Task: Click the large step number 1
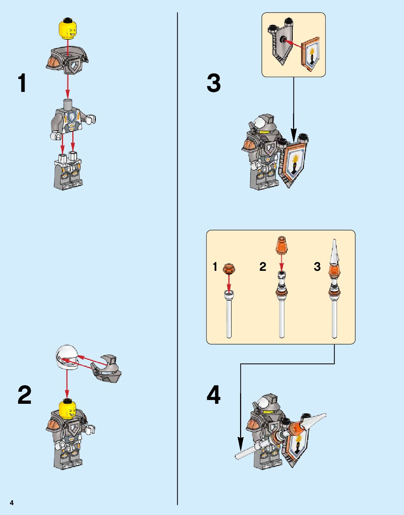click(22, 83)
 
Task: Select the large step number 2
click(25, 395)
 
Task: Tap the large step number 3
click(213, 83)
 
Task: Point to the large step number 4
click(213, 395)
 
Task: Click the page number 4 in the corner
click(12, 503)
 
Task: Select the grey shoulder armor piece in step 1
click(67, 60)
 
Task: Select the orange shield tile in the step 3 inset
click(310, 54)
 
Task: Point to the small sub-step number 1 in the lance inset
click(215, 267)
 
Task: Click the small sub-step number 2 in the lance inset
click(263, 267)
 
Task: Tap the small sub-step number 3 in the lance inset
click(317, 267)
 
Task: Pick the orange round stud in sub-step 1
click(229, 268)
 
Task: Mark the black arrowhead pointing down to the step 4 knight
click(240, 444)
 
